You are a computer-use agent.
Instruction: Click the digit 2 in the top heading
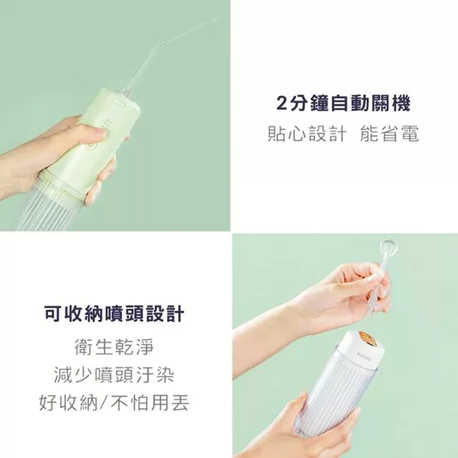[282, 104]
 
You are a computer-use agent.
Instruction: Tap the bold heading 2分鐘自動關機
[343, 104]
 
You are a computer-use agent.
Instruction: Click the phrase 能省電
[389, 135]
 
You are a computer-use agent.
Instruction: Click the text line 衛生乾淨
[114, 347]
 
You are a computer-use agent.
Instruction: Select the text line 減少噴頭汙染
[114, 375]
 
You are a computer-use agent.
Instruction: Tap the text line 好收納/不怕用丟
[114, 403]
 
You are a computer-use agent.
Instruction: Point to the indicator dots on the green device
[106, 123]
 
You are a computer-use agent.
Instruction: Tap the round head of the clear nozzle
[387, 247]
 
